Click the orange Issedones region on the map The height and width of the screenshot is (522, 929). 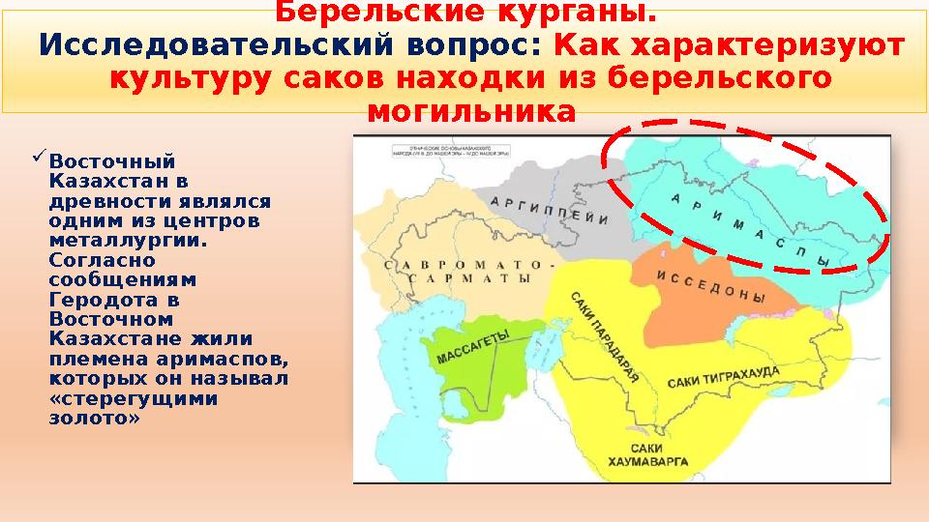pyautogui.click(x=697, y=309)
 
